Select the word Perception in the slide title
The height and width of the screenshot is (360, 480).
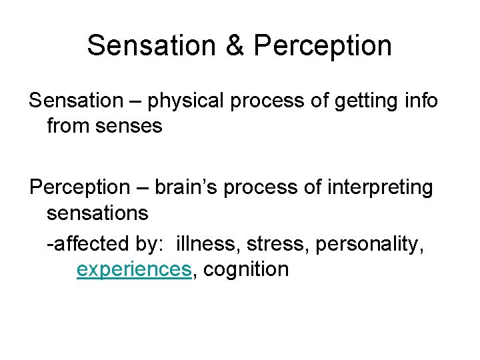tap(323, 45)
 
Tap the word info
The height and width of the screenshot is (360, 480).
tap(420, 101)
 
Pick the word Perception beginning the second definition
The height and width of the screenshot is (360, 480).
tap(78, 188)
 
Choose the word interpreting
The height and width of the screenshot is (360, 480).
tap(376, 188)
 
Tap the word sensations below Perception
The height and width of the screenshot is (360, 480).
tap(97, 213)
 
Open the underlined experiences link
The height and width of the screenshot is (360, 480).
tap(133, 269)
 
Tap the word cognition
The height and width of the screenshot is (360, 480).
tap(246, 269)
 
